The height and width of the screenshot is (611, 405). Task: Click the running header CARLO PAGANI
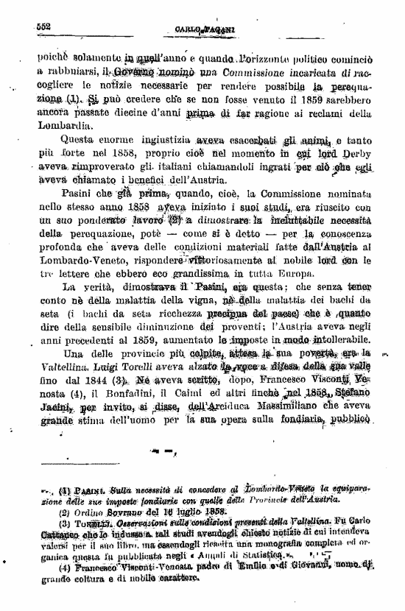[205, 29]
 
